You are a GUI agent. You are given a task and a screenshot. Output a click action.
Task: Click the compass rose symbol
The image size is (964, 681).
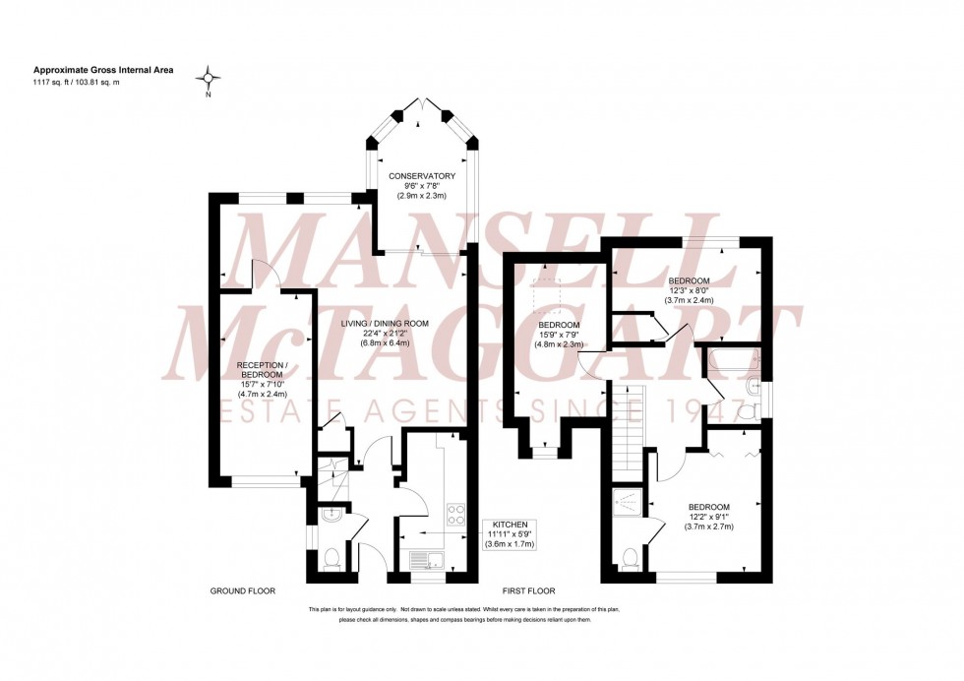(208, 78)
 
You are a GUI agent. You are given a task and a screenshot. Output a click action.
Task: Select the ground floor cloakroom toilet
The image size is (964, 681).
(331, 559)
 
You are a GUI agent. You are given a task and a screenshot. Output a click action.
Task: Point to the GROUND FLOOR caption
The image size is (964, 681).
(242, 591)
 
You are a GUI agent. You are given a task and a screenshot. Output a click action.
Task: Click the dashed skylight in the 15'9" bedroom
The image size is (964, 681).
(546, 290)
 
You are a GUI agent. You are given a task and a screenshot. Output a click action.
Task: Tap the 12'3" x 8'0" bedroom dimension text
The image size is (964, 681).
(690, 290)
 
